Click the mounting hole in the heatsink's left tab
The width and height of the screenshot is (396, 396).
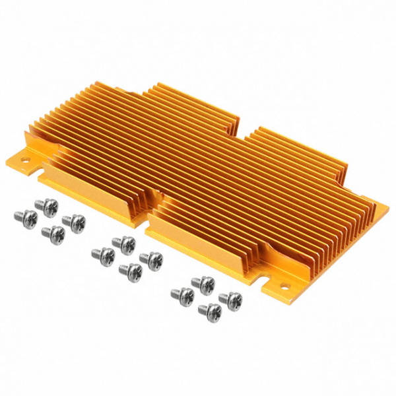point(28,158)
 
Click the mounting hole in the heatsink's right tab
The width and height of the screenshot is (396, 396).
point(286,287)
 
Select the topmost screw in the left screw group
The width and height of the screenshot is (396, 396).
point(47,207)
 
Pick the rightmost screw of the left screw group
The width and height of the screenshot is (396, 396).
point(75,222)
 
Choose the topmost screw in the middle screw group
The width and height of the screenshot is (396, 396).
point(123,244)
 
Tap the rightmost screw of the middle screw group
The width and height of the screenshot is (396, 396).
point(152,259)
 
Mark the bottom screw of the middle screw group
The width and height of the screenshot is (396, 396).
point(131,270)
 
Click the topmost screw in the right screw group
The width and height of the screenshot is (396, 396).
point(204,284)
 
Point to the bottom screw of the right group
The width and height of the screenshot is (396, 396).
point(209,310)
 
